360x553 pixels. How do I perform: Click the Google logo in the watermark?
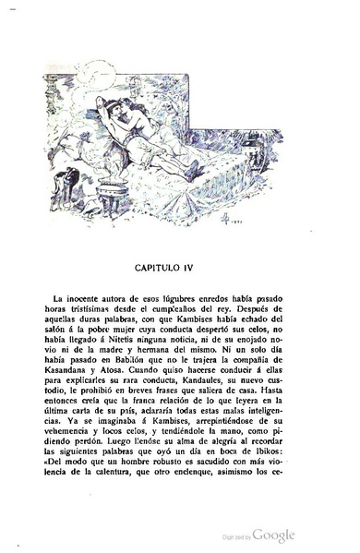274,535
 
